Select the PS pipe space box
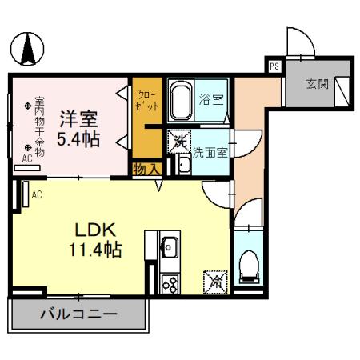tap(274, 66)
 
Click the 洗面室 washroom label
tap(210, 150)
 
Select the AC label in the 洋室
tap(27, 159)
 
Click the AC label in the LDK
tap(37, 194)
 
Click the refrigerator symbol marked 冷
tap(215, 281)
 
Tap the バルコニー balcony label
tap(78, 314)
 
